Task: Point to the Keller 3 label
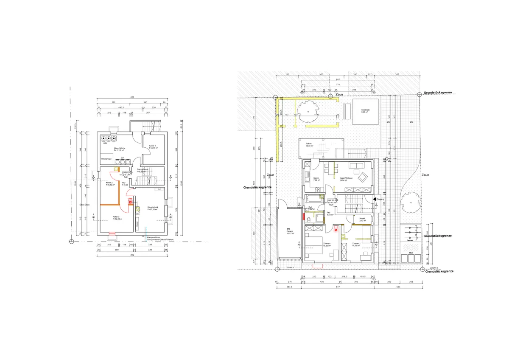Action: click(x=116, y=217)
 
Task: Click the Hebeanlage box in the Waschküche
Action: click(x=106, y=158)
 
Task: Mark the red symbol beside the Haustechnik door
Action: click(x=131, y=202)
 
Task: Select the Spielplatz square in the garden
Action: click(x=365, y=112)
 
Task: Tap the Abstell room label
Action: click(x=362, y=219)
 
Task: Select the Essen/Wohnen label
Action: click(x=346, y=178)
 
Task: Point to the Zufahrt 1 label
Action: click(x=291, y=268)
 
